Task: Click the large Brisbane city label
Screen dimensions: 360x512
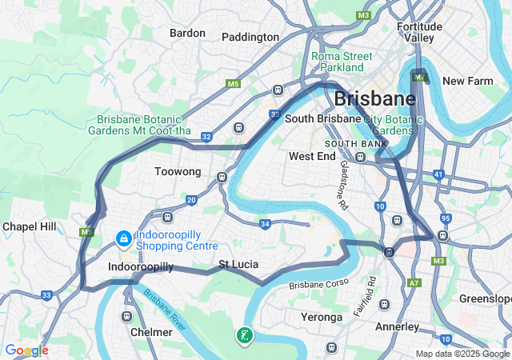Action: tap(374, 99)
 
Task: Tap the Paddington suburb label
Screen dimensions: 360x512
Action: tap(250, 37)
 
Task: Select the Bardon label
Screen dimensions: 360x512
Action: tap(187, 33)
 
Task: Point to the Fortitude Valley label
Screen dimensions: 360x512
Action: tap(419, 32)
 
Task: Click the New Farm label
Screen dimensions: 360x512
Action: tap(464, 81)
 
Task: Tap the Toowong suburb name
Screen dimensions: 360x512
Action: tap(178, 171)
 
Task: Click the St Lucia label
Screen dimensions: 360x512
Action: tap(238, 263)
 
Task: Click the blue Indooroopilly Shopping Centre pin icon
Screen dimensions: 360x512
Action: tap(124, 238)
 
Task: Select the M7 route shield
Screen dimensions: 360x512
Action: tap(420, 78)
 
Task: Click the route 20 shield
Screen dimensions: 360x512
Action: tap(191, 200)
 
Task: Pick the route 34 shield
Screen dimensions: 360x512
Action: tap(265, 224)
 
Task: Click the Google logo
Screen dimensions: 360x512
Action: tap(26, 350)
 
